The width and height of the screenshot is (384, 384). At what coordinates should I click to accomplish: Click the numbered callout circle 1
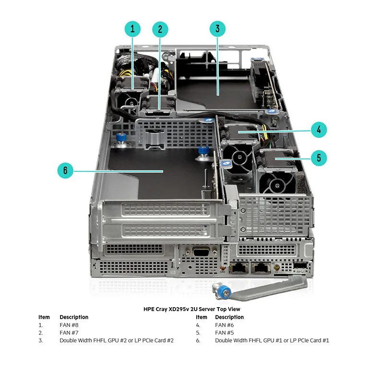(x=132, y=29)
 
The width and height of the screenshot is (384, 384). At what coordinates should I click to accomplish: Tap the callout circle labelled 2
(x=160, y=29)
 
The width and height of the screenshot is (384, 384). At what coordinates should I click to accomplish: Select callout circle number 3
(x=217, y=29)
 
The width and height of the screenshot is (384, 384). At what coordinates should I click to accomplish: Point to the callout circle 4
(x=319, y=129)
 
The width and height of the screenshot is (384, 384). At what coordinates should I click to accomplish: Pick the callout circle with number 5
(x=319, y=157)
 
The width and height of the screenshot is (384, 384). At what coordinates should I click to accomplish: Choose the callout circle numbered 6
(x=65, y=170)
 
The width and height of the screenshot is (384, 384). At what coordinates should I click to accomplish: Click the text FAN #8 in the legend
(x=69, y=325)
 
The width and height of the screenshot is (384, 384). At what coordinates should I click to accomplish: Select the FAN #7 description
(x=69, y=333)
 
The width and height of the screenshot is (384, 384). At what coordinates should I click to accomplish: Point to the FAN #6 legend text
(x=225, y=325)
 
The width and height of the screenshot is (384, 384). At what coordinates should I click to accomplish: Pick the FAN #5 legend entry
(x=225, y=333)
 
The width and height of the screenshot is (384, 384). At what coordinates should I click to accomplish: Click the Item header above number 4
(x=202, y=317)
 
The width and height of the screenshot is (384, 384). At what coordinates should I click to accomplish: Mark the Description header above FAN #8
(x=74, y=317)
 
